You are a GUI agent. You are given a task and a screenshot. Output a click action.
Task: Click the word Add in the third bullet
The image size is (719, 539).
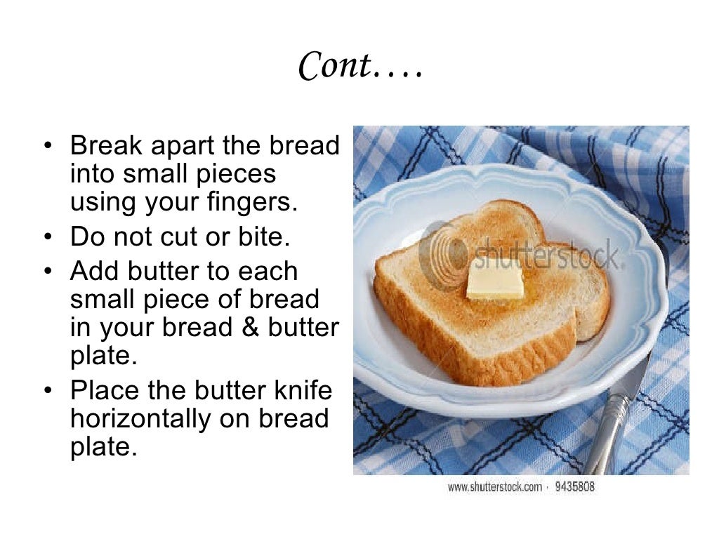point(95,271)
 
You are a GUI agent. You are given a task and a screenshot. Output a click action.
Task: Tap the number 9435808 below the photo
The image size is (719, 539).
point(574,486)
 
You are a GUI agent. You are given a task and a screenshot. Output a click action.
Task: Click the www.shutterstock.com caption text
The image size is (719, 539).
point(494,486)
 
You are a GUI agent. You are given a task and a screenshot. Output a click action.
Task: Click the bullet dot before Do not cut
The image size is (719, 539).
point(47,237)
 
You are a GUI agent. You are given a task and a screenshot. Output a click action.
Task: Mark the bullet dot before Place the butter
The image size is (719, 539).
point(47,390)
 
